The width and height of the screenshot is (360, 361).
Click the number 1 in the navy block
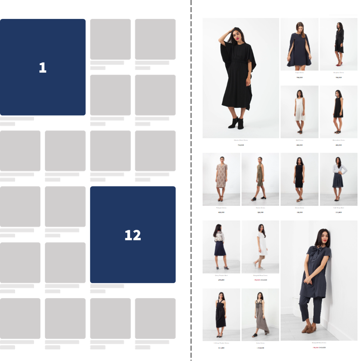43,68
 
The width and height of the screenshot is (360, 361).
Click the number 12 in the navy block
133,235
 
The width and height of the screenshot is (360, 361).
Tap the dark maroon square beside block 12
183,197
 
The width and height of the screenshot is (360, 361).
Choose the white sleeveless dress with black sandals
299,112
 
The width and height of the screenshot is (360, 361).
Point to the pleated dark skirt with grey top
339,180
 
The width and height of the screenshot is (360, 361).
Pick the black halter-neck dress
221,314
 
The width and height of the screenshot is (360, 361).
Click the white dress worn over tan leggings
260,245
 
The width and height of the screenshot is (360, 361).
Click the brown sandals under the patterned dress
221,199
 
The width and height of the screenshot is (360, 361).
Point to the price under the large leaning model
319,348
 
